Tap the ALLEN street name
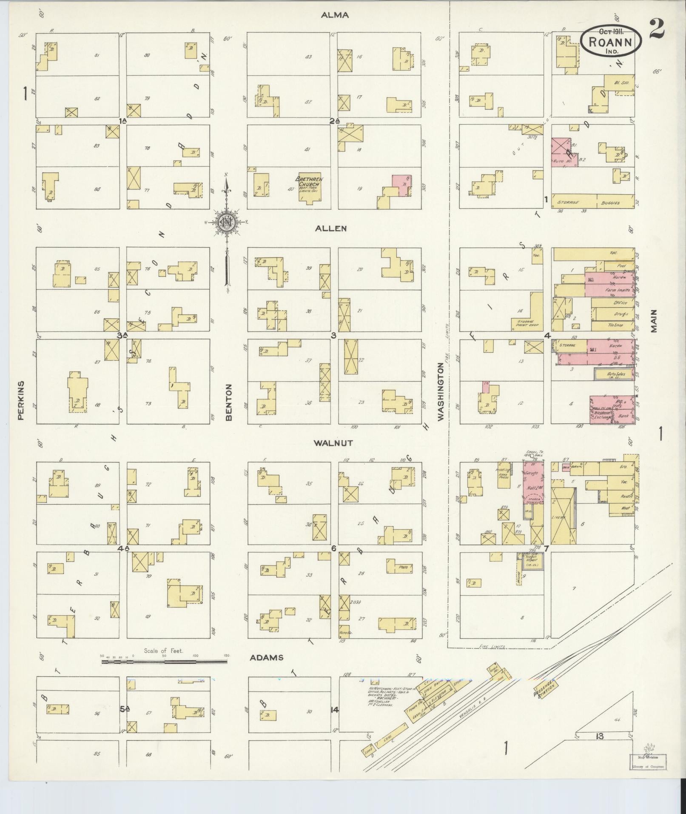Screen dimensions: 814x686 [x=331, y=228]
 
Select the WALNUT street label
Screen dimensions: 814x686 [x=333, y=443]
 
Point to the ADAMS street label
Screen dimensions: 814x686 [x=266, y=657]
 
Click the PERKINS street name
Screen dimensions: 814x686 [x=21, y=400]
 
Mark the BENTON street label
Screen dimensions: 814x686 [x=229, y=402]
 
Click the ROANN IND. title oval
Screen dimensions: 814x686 [x=611, y=40]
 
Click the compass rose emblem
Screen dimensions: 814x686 [x=227, y=222]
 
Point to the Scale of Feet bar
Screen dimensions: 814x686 [x=164, y=674]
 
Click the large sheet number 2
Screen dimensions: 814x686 [x=657, y=29]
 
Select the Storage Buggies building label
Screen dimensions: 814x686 [x=594, y=201]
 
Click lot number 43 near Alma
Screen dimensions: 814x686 [x=309, y=57]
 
